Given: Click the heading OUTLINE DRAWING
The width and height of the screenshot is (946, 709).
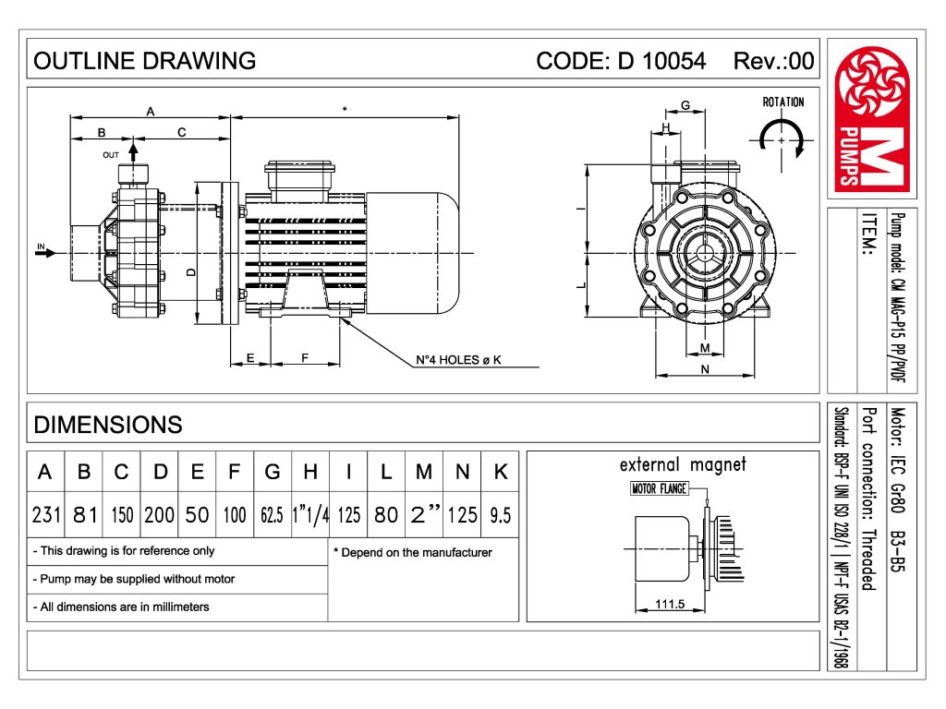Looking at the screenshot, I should point(144,61).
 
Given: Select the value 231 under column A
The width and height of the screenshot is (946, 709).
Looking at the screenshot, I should point(44,515).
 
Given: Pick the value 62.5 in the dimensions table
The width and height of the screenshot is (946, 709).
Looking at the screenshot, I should point(272,515).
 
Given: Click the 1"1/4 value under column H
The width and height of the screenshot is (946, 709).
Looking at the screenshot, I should point(310,515).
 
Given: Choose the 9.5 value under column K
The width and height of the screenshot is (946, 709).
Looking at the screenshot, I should point(500,515).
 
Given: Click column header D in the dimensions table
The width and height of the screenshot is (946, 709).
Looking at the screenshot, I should point(160,472).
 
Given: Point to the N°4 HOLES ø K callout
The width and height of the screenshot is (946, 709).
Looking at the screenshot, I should point(457,360).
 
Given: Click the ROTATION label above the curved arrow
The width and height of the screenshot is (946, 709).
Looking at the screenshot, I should point(782,102).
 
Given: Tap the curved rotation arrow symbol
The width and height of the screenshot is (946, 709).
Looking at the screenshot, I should point(782,138).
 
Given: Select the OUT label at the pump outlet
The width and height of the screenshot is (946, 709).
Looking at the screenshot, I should point(111,155).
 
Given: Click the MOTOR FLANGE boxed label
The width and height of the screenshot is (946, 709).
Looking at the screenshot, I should point(659,489).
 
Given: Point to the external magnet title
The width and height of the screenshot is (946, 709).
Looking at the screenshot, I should point(683,465).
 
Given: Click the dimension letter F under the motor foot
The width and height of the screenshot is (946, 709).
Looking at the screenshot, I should point(304,357).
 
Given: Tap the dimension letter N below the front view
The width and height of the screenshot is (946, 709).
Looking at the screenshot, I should point(705,369).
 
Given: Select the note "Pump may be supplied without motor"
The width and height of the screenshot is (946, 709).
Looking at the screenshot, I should point(133,579).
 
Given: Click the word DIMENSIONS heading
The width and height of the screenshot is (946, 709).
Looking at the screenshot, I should point(108,425).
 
